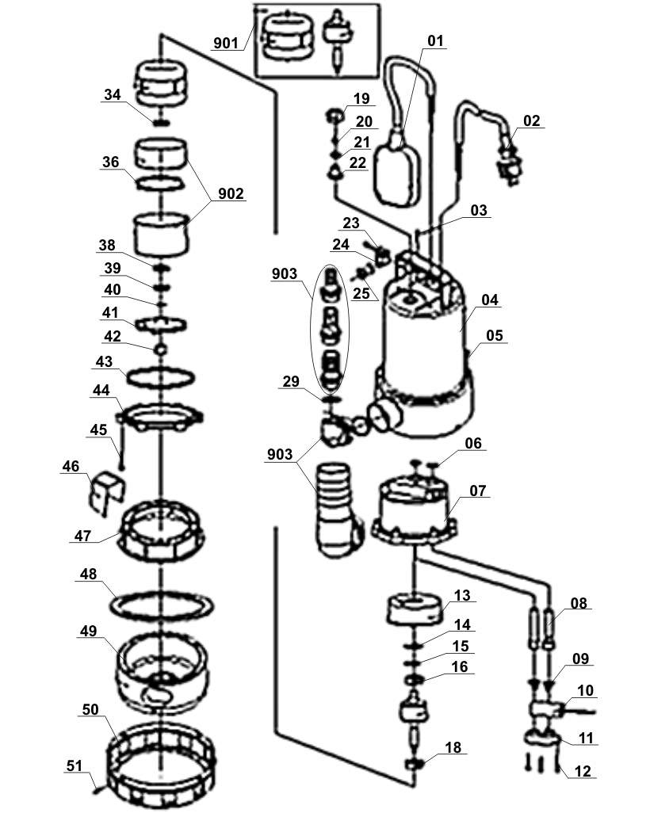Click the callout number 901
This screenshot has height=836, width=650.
[x=226, y=43]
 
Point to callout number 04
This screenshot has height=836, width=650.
[x=490, y=300]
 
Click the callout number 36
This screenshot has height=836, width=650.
[x=110, y=162]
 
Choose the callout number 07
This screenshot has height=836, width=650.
[x=477, y=491]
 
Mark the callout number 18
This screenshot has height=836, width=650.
[x=453, y=748]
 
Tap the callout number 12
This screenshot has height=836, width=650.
[x=583, y=771]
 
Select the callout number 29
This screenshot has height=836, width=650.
[x=291, y=382]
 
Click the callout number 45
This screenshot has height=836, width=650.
[x=97, y=429]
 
